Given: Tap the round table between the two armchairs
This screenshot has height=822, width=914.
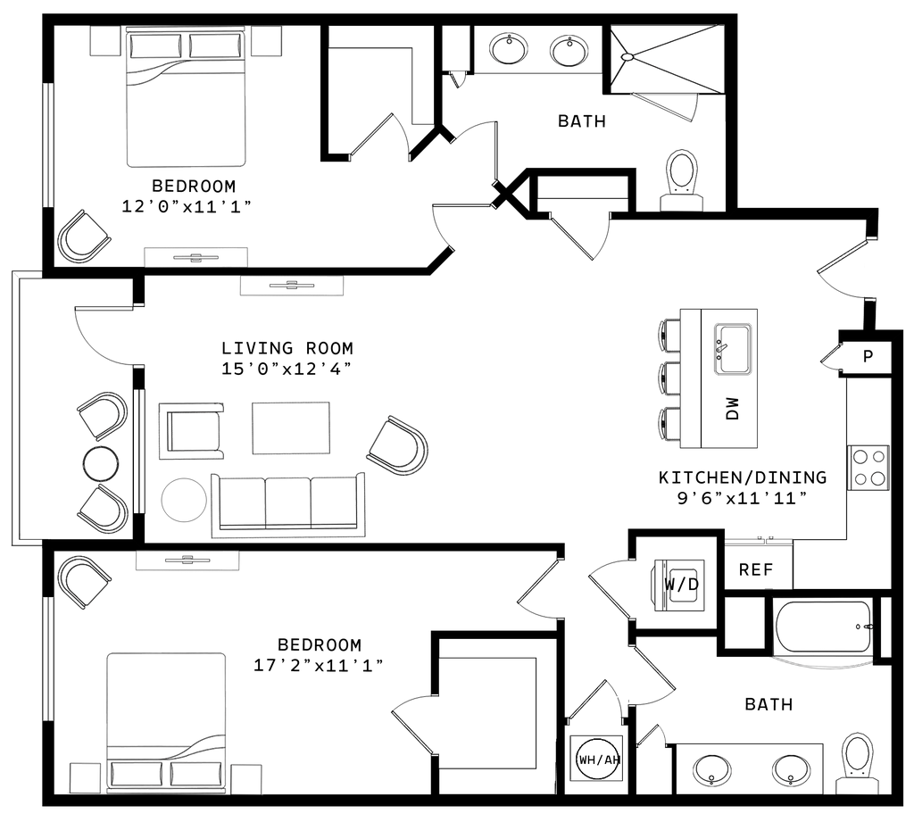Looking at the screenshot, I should (100, 463).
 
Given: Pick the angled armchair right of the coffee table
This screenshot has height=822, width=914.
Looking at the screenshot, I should (398, 444).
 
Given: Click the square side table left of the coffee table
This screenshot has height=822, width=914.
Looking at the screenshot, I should (189, 433).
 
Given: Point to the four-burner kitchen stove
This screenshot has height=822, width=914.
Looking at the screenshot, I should (868, 467).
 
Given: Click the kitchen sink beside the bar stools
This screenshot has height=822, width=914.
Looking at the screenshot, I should (734, 348).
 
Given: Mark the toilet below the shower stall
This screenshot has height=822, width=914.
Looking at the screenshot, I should (682, 179).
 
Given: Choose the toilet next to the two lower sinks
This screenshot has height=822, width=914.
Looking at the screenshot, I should (855, 762).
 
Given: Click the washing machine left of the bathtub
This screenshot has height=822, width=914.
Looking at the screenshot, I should (678, 585).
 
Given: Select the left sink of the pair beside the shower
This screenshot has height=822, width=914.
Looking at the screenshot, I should (509, 48).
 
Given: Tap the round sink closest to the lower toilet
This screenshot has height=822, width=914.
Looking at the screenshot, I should (790, 768).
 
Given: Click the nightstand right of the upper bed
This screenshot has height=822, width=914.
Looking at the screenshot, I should (267, 42).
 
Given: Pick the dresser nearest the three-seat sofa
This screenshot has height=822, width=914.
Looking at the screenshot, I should (187, 560).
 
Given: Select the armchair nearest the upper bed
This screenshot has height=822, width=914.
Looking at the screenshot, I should (84, 236).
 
